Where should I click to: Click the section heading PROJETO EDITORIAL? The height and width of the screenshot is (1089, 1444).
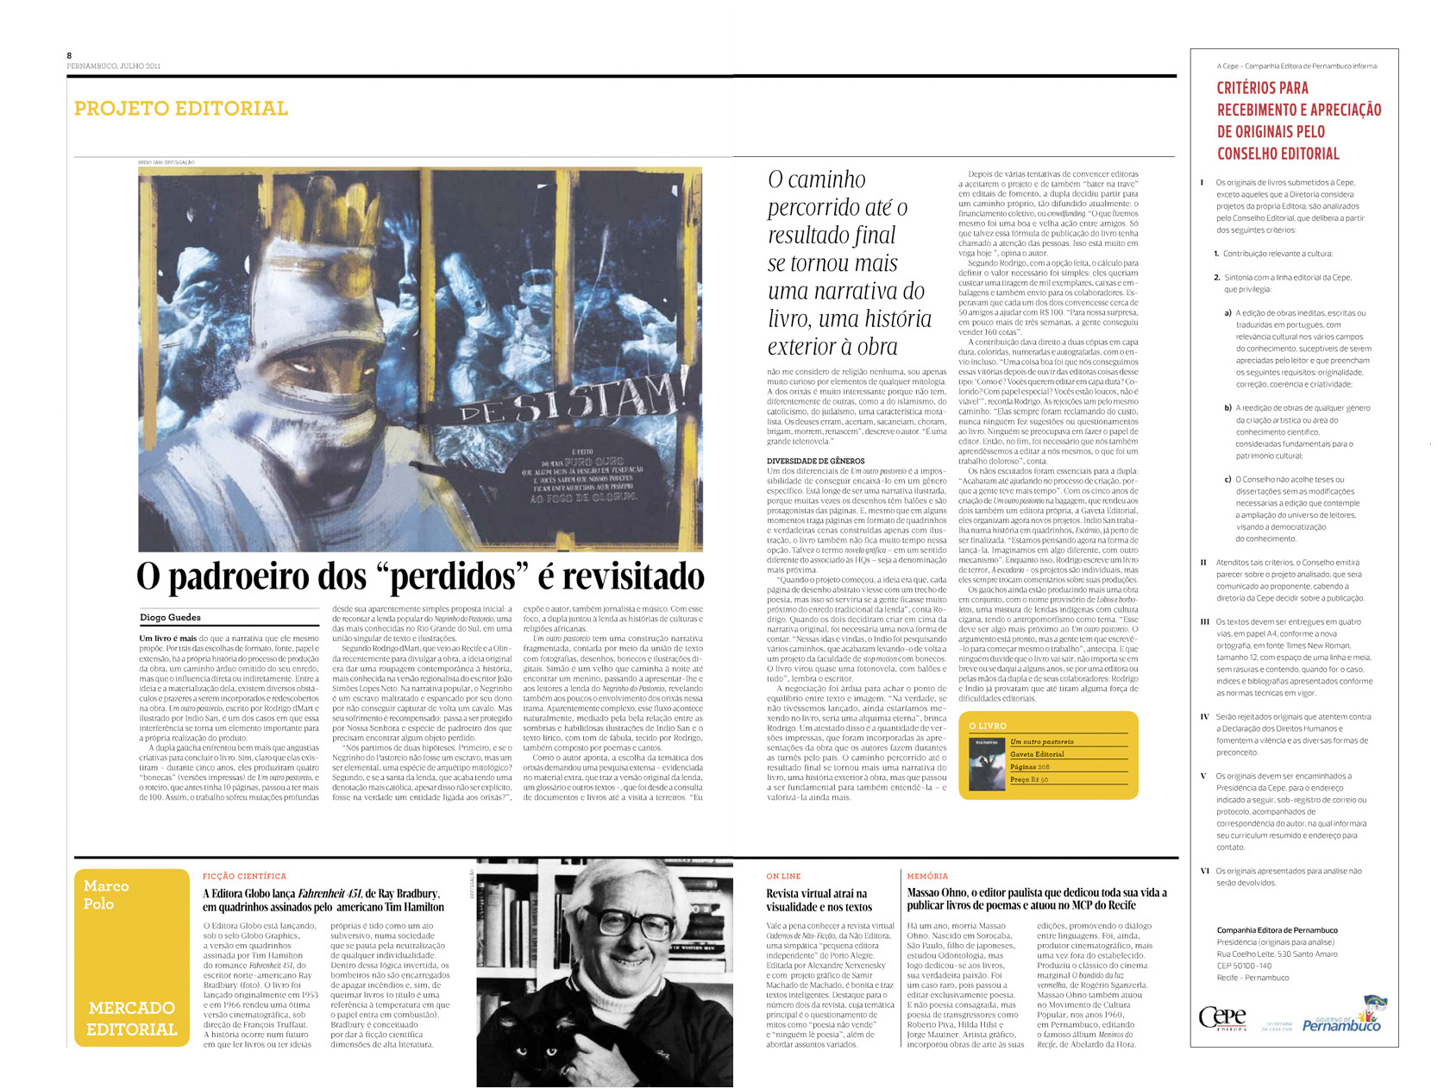click(180, 109)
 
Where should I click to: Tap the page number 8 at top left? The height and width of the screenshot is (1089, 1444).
click(69, 55)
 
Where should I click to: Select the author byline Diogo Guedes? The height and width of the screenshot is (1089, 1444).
click(170, 617)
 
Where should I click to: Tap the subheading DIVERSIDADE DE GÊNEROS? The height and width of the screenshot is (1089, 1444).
click(815, 461)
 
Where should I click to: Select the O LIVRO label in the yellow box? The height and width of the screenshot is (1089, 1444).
click(987, 726)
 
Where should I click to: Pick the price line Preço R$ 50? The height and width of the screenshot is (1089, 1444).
click(1029, 779)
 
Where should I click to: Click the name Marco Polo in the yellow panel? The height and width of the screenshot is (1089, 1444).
click(106, 895)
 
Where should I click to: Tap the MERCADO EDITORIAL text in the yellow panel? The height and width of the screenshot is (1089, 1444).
click(131, 1018)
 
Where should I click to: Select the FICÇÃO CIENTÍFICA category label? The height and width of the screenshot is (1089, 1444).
click(244, 876)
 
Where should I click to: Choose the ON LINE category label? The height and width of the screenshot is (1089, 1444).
click(783, 876)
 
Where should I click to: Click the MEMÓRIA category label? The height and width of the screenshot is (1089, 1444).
click(926, 876)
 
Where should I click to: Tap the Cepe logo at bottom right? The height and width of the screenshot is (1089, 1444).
click(1222, 1017)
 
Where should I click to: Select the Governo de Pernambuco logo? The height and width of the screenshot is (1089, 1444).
click(1341, 1017)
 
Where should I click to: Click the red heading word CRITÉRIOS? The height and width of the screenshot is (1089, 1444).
click(1250, 88)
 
